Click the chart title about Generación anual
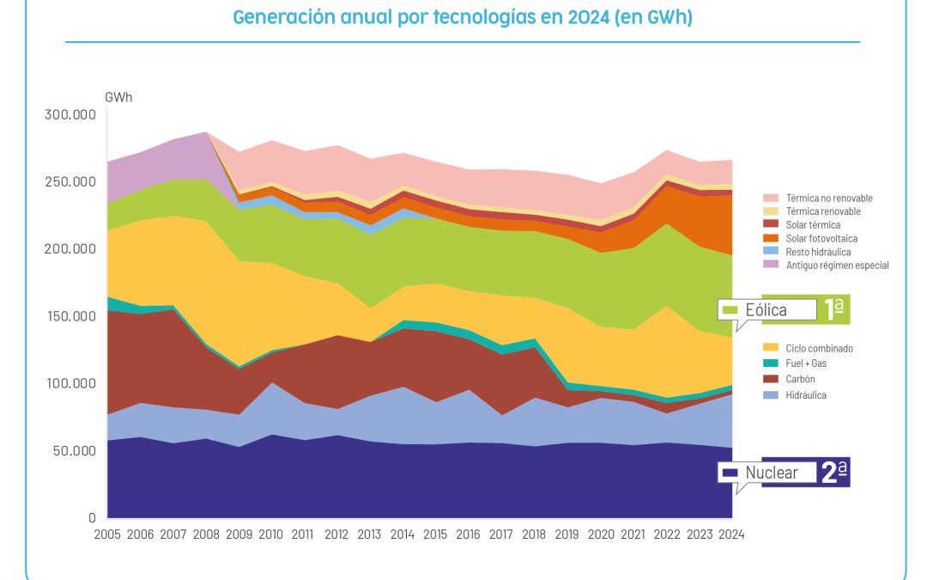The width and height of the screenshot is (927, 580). (463, 18)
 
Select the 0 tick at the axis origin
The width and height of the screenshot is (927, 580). (92, 518)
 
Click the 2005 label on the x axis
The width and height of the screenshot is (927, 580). (107, 534)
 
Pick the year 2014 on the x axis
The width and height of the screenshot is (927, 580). (403, 534)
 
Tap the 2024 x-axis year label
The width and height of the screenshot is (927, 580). (731, 534)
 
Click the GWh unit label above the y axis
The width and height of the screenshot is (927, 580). (119, 97)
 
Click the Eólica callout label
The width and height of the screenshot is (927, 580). (766, 310)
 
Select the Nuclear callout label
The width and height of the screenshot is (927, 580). (771, 473)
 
